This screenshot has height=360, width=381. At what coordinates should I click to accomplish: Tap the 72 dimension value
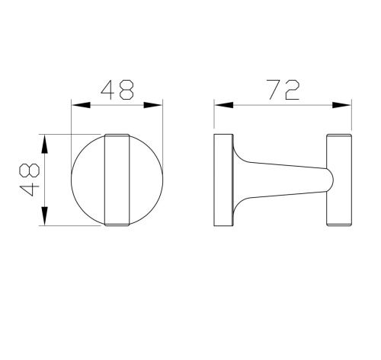point(283,90)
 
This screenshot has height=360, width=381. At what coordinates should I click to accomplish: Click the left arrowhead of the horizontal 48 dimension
point(75,104)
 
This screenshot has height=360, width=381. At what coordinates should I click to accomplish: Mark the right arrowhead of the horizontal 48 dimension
point(161,104)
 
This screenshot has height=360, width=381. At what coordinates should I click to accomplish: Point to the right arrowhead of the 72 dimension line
point(347,104)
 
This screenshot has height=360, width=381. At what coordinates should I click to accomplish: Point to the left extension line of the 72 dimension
point(214,118)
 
